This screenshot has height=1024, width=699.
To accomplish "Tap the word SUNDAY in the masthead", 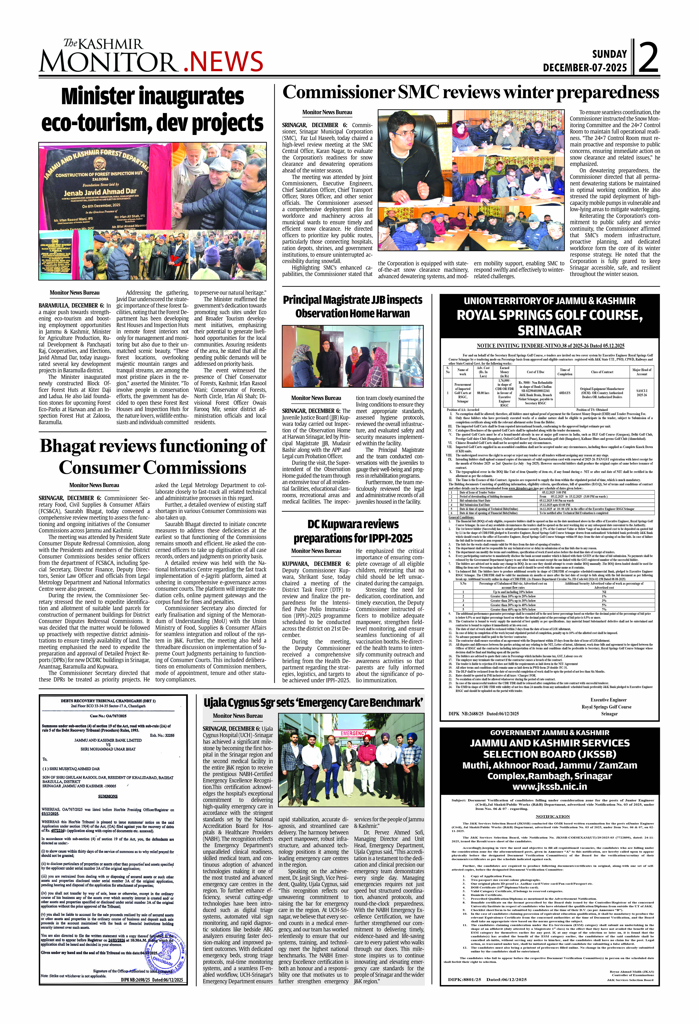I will pos(609,54).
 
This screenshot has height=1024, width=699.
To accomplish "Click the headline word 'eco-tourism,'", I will pos(96,123).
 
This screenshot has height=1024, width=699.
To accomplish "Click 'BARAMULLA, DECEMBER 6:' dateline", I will pos(71,305).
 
